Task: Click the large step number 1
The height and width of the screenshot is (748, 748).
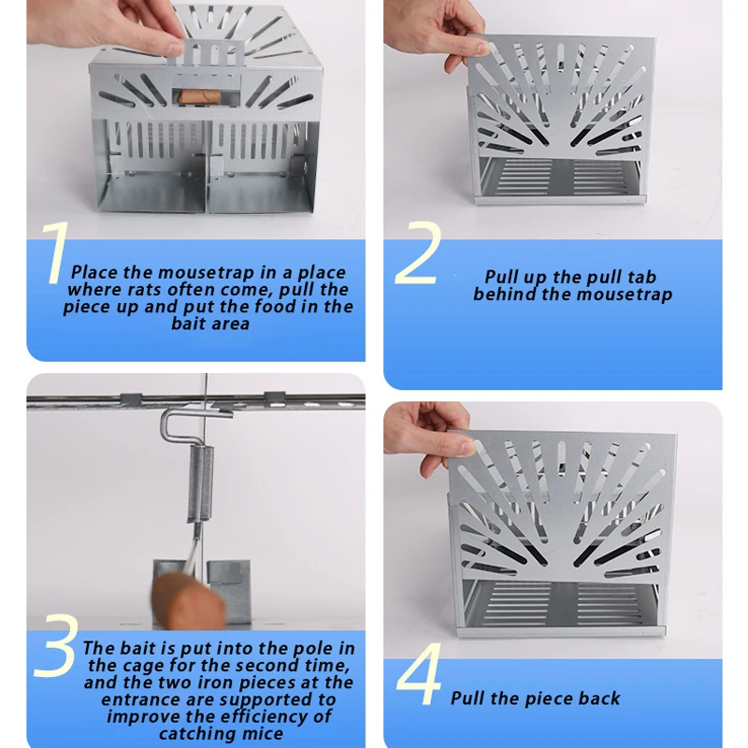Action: tap(56, 252)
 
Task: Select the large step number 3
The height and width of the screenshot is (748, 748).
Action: tap(55, 646)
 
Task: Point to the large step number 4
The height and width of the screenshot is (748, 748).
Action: tap(419, 673)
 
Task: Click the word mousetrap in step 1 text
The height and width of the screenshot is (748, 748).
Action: tap(207, 272)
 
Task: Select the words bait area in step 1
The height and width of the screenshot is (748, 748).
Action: tap(210, 324)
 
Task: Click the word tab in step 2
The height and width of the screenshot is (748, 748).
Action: tap(641, 277)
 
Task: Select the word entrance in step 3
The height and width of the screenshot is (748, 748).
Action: tap(135, 699)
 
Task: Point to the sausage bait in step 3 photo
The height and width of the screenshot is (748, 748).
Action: tap(189, 601)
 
